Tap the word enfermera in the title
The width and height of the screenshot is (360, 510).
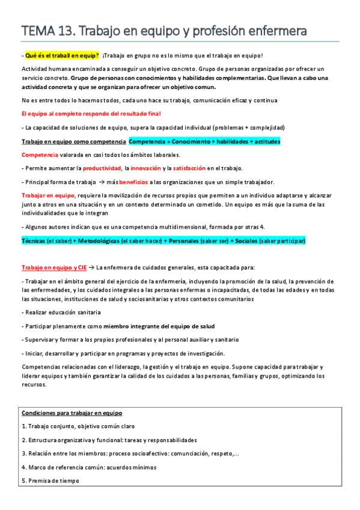[275, 30]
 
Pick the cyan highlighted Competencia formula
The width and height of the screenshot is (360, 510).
[204, 141]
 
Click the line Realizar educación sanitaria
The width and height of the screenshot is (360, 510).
[63, 312]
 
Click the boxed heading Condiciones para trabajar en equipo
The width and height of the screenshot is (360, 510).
[72, 396]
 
